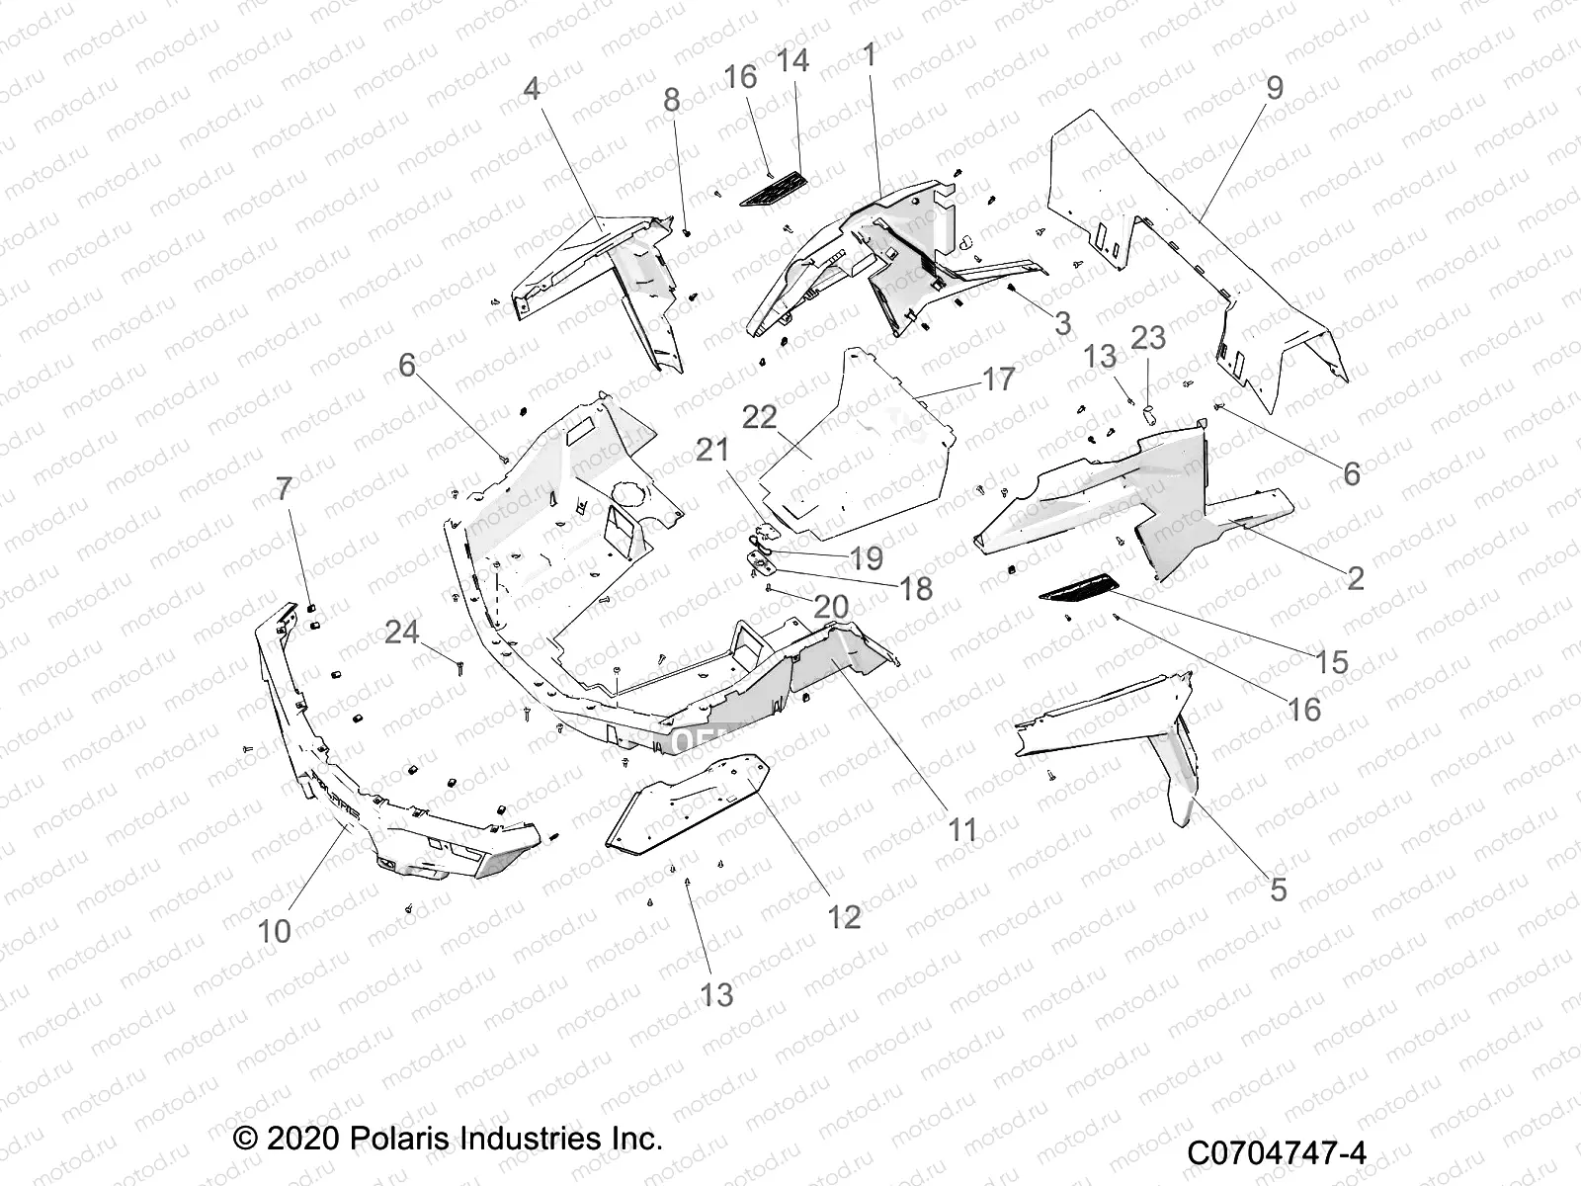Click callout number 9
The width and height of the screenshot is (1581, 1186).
[1275, 88]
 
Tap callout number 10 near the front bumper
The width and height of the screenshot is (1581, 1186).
[275, 930]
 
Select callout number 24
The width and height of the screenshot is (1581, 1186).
[401, 631]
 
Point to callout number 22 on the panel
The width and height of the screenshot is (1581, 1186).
[788, 417]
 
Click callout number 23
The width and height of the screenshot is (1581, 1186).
[1148, 338]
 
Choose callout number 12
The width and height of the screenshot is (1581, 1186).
[844, 916]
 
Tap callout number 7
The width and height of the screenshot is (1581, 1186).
[284, 489]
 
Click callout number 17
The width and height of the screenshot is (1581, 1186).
[999, 379]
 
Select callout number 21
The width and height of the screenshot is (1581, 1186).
[712, 450]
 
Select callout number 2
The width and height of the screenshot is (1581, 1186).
[1356, 578]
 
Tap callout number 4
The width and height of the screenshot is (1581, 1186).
[532, 89]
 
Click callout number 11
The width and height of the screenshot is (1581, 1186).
[961, 829]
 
